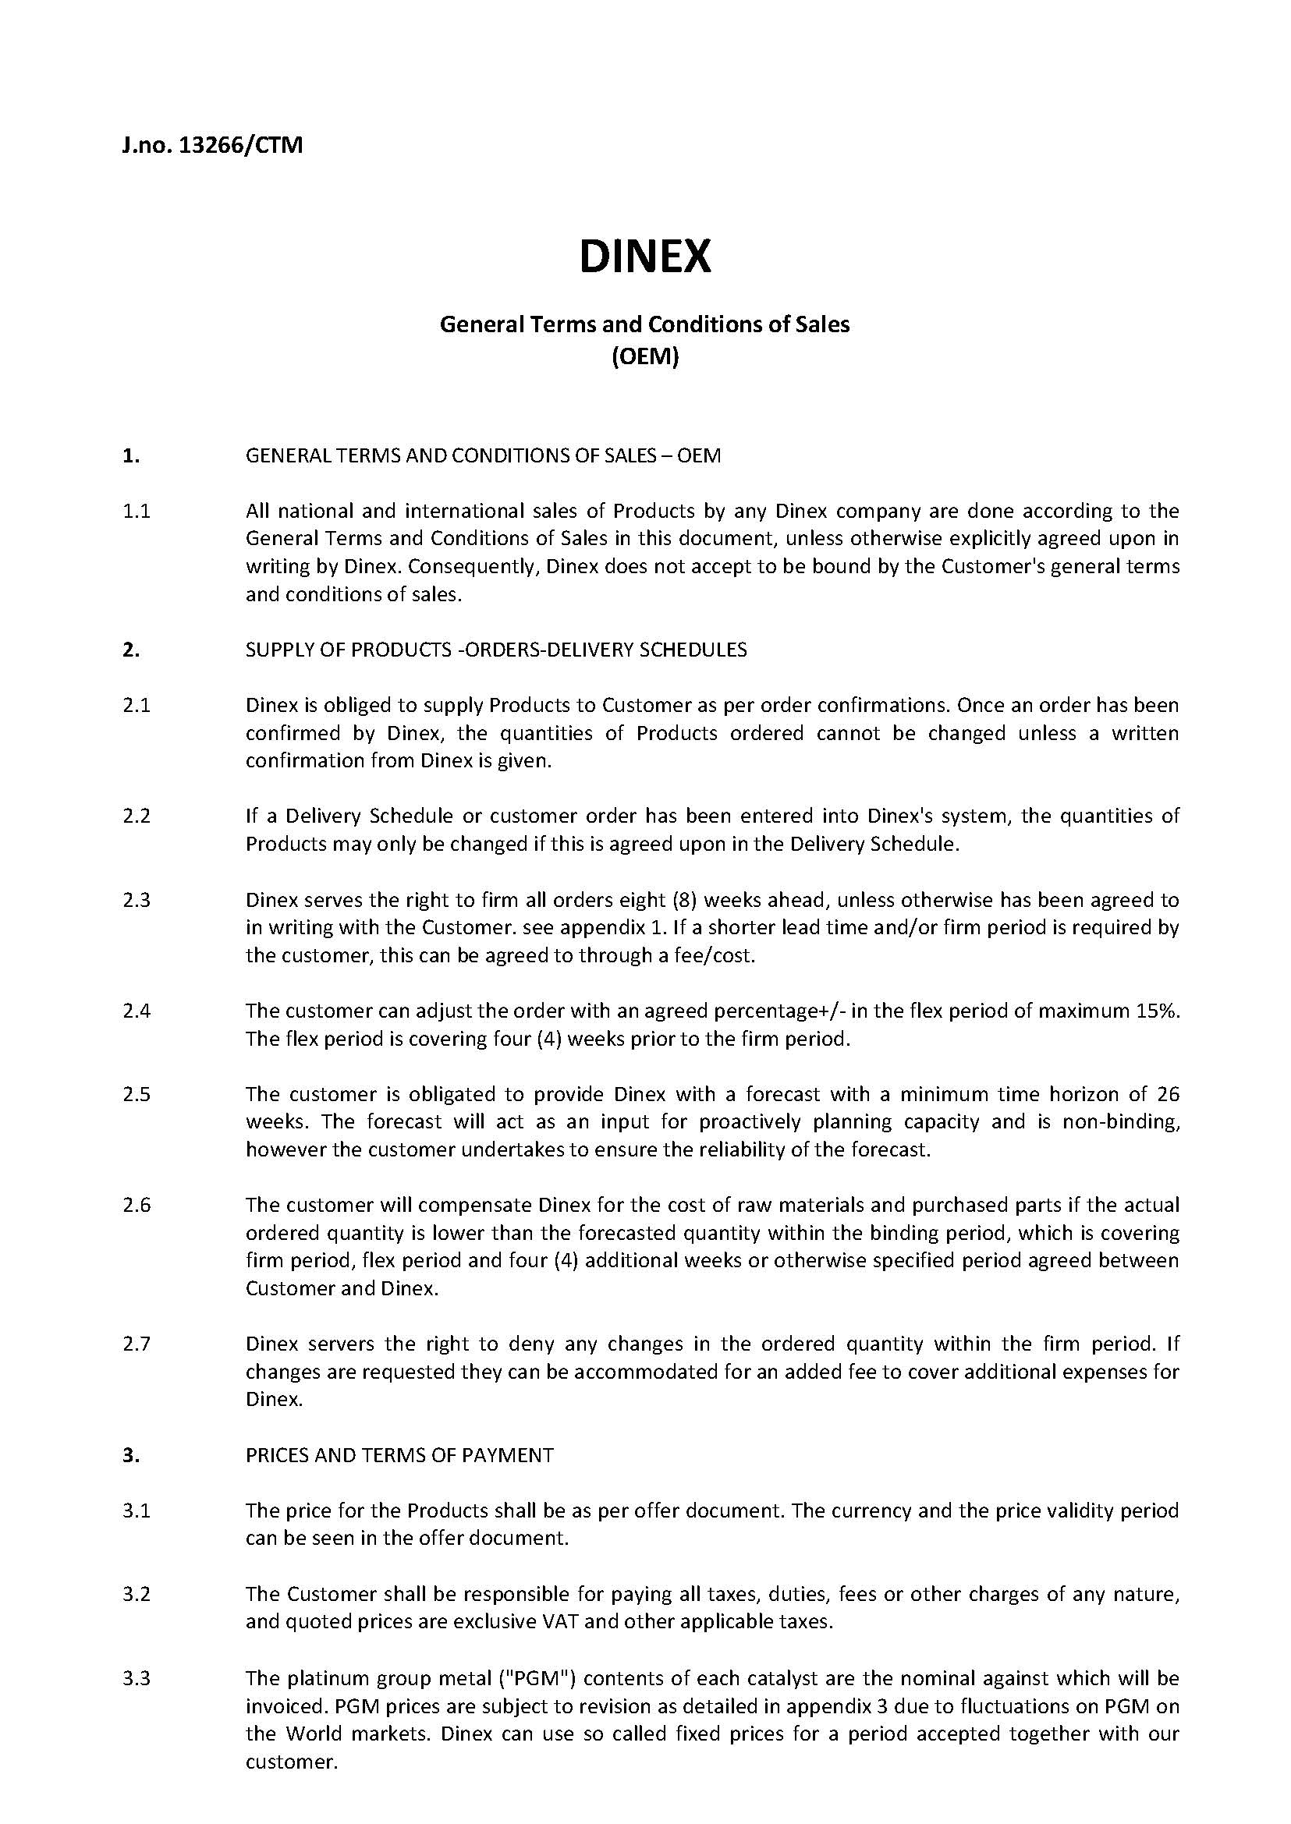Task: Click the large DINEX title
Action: [x=644, y=257]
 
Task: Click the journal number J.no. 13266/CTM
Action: [x=212, y=147]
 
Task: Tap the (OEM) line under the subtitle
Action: [x=644, y=358]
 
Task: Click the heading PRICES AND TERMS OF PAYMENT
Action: [x=399, y=1454]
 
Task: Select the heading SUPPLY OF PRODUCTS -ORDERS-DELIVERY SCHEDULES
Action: [x=496, y=650]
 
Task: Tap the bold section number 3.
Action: [x=131, y=1454]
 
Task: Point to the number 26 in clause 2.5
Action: [x=1168, y=1094]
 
